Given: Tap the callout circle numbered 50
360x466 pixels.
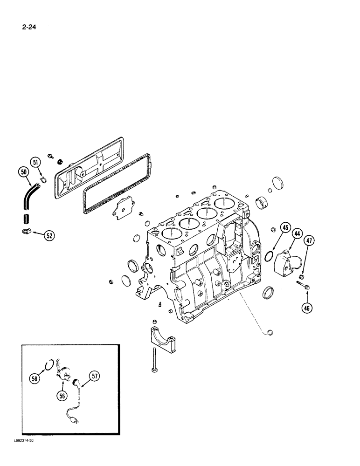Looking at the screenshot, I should pos(23,172).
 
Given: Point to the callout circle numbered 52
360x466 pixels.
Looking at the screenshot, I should pos(49,236).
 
